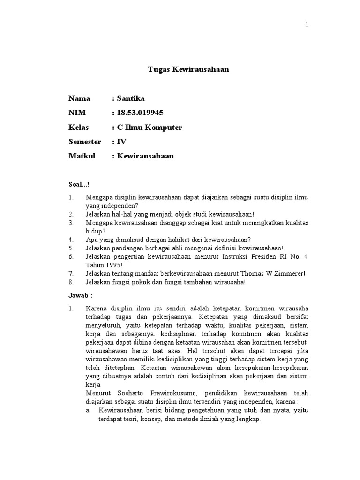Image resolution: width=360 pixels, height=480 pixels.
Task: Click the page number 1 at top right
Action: tap(307, 25)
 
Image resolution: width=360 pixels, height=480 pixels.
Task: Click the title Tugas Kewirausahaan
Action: tap(188, 69)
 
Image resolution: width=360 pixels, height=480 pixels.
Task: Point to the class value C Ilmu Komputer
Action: tap(149, 127)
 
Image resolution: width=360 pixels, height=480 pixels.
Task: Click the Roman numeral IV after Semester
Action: tap(121, 142)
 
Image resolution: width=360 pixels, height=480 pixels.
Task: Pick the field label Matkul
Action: tap(82, 156)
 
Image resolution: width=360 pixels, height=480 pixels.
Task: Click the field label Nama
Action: tap(79, 98)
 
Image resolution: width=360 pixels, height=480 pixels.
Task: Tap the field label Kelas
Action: tap(79, 127)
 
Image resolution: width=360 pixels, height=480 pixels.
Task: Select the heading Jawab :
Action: tap(81, 296)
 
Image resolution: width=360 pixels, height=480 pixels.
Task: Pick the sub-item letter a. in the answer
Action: tap(88, 410)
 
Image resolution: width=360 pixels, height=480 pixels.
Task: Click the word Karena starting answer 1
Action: tap(96, 308)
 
